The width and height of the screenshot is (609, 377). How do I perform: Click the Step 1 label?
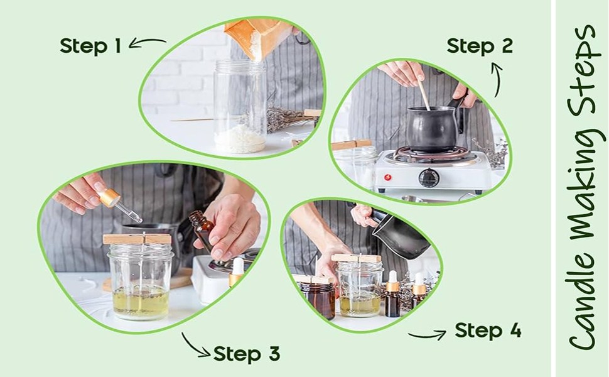[90, 46]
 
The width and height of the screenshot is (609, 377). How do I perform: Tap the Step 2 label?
[480, 46]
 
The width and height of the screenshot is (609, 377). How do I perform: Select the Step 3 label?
[247, 354]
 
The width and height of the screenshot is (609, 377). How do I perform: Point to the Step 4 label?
[488, 331]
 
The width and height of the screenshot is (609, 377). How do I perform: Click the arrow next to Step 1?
[147, 41]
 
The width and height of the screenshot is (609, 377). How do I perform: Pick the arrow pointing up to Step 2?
[497, 80]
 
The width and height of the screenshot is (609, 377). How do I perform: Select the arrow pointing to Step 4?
[427, 335]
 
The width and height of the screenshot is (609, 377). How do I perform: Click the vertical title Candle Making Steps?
[583, 188]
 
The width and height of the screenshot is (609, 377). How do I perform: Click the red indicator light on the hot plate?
[387, 178]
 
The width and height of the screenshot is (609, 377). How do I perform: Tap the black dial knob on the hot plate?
[429, 178]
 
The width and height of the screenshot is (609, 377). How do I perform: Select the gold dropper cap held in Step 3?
[109, 197]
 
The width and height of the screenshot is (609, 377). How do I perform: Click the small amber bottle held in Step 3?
[202, 231]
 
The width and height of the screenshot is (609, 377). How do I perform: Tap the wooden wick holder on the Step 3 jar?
[137, 239]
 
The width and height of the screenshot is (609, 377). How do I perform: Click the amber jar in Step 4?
[317, 300]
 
